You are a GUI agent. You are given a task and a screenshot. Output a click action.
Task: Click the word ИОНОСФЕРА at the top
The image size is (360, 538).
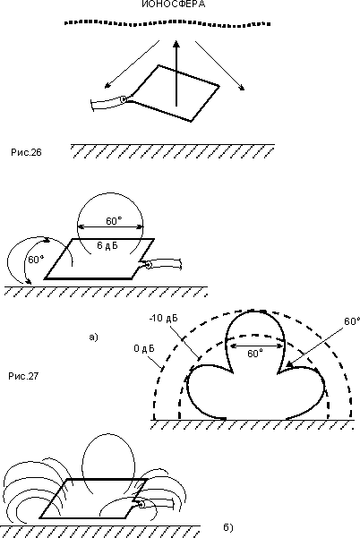(174, 4)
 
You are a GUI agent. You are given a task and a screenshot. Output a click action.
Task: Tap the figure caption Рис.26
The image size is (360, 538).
(26, 152)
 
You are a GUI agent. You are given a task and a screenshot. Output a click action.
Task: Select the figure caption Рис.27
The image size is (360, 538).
(23, 376)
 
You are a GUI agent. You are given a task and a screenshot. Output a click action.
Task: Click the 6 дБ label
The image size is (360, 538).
(107, 245)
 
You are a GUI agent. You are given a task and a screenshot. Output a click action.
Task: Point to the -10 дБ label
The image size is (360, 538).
(163, 318)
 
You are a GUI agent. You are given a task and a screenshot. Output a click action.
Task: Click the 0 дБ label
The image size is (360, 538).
(144, 348)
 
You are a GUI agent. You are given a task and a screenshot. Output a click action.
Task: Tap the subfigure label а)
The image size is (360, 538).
(93, 337)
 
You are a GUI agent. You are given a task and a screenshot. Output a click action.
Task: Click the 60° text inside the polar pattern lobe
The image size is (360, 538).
(255, 353)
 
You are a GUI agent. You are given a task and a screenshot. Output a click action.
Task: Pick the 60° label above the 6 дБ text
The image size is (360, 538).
(114, 221)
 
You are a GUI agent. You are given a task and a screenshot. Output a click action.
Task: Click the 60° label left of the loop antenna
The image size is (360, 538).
(36, 260)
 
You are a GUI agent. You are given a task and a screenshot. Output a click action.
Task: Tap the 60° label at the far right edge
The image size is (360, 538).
(352, 321)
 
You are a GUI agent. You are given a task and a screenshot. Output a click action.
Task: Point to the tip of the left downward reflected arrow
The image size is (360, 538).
(106, 88)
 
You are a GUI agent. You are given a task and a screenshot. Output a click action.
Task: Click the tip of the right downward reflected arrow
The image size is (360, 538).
(244, 90)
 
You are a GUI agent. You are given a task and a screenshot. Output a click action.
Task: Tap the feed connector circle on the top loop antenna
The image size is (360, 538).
(124, 99)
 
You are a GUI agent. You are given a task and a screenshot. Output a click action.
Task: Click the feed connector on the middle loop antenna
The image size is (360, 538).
(149, 265)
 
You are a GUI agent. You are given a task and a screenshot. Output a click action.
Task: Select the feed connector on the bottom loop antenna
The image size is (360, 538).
(141, 504)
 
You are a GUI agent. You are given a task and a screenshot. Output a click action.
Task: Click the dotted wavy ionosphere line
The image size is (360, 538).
(167, 22)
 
